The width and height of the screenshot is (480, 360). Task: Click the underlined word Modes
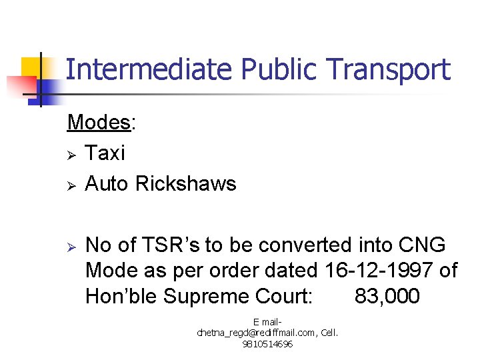(99, 123)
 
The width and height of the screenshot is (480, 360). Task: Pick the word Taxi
(105, 153)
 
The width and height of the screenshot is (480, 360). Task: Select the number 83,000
(387, 295)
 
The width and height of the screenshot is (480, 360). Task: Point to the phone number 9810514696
(267, 344)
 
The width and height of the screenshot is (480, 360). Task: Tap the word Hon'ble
(123, 295)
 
